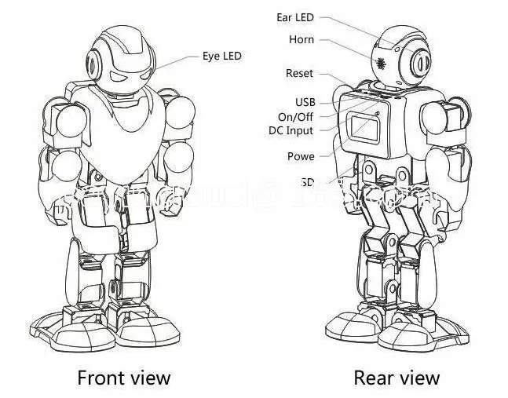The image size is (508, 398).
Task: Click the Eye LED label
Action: pos(222,56)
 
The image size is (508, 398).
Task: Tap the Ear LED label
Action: pos(295,16)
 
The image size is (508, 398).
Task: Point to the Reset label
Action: pos(299,73)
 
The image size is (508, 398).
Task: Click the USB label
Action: pos(305,102)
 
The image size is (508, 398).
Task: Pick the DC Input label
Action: pos(291,130)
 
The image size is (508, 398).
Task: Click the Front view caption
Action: pos(123,378)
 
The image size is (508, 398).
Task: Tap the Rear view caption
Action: pos(397,378)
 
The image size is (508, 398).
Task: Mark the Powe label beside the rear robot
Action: pos(301,156)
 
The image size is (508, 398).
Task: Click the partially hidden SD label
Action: pos(307,182)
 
